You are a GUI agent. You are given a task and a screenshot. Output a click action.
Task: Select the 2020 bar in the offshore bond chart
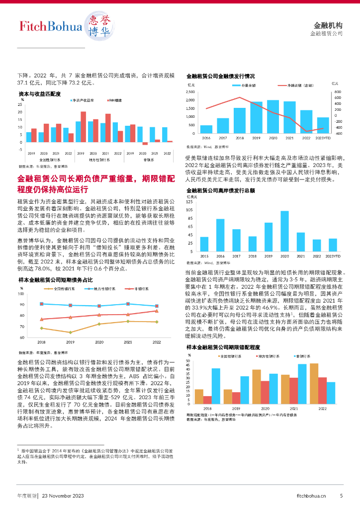[284, 232]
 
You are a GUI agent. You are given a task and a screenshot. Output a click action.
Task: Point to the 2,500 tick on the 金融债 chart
[191, 92]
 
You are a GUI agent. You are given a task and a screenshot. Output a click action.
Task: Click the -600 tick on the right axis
[339, 134]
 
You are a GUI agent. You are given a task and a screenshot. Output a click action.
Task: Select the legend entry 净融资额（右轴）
[297, 86]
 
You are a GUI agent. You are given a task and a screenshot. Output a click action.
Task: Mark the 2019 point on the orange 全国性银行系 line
[71, 332]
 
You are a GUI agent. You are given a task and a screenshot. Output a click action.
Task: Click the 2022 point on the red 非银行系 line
[157, 311]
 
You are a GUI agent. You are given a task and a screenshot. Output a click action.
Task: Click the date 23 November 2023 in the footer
[62, 496]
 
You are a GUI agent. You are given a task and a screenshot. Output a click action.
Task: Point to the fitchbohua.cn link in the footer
[311, 496]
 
